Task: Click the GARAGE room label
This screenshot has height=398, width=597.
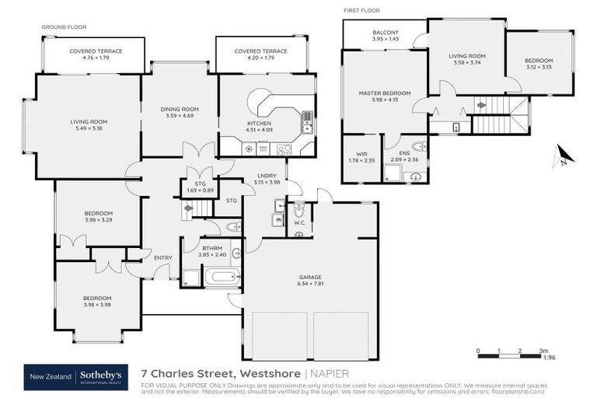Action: point(311,277)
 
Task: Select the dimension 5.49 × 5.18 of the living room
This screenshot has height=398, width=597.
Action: point(89,129)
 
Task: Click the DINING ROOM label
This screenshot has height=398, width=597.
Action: point(180,109)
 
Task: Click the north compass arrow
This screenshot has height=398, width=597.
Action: point(560,157)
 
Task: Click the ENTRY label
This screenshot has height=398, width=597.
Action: point(163,257)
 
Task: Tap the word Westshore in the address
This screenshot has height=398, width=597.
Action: point(272,373)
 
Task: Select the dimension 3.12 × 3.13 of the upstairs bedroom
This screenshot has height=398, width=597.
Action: point(538,67)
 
